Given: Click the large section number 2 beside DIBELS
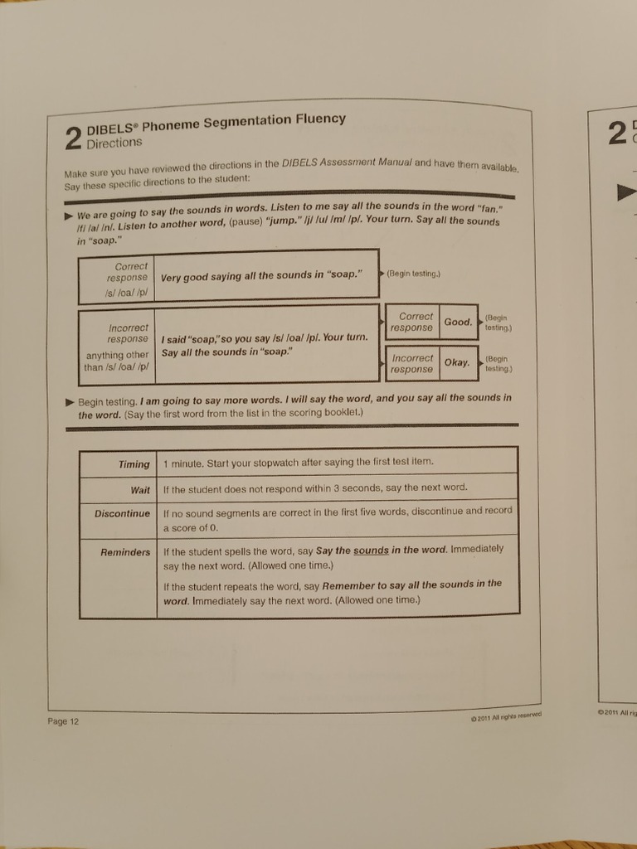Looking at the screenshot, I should pyautogui.click(x=73, y=138).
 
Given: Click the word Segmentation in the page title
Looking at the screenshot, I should pyautogui.click(x=251, y=122).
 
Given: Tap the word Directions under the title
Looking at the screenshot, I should pyautogui.click(x=114, y=143).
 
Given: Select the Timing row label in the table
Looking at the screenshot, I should pyautogui.click(x=134, y=464).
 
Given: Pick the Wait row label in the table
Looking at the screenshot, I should pyautogui.click(x=140, y=489).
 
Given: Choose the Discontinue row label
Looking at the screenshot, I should pyautogui.click(x=122, y=513).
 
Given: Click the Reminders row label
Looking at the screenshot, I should pyautogui.click(x=125, y=552).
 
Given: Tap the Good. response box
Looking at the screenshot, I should pyautogui.click(x=458, y=322).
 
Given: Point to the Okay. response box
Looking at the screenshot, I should pyautogui.click(x=457, y=362).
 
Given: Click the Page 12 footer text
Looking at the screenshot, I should pyautogui.click(x=63, y=721).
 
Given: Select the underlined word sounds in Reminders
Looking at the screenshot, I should pyautogui.click(x=371, y=550).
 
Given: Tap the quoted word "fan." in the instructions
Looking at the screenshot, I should pyautogui.click(x=484, y=208).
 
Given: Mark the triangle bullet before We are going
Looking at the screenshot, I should pyautogui.click(x=69, y=214).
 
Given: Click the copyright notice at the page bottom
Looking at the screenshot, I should pyautogui.click(x=505, y=716).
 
